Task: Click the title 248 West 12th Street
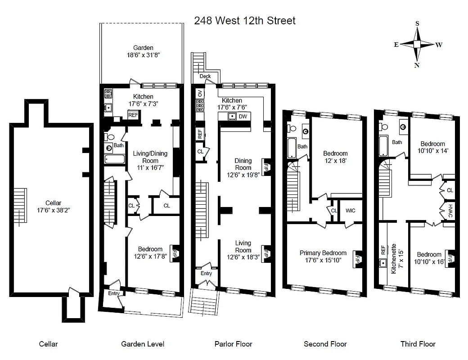click(x=245, y=21)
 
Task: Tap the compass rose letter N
click(x=417, y=65)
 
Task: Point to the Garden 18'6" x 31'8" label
click(x=143, y=51)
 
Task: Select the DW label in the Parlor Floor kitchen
click(x=243, y=117)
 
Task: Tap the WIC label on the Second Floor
click(x=351, y=211)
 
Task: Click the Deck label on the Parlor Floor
click(x=205, y=76)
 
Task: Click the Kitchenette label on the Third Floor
click(x=394, y=259)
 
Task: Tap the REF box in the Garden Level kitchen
click(x=133, y=115)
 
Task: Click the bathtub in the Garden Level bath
click(x=115, y=158)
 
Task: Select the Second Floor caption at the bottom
click(x=325, y=344)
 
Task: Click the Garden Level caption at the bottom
click(x=143, y=344)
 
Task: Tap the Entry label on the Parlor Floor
click(x=206, y=273)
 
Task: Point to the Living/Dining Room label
click(x=150, y=157)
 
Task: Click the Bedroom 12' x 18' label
click(x=335, y=157)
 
